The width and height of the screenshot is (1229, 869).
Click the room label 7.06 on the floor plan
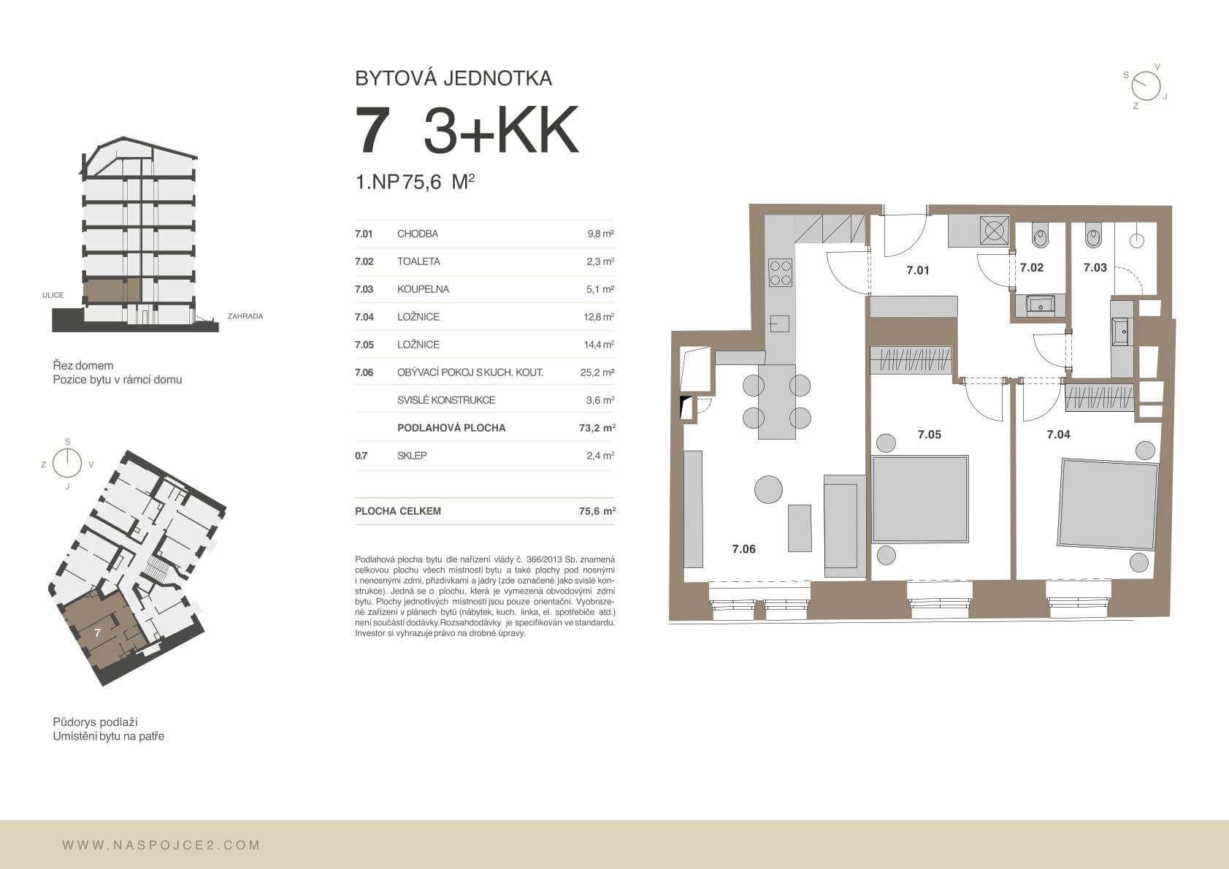point(743,549)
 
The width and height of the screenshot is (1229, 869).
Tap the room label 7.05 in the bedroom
point(930,434)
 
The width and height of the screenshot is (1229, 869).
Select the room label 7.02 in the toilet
point(1032,268)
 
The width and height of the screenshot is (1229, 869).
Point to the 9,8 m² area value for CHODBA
point(600,234)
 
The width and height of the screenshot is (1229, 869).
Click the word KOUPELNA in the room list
point(423,289)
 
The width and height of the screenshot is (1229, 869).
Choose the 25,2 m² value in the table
point(597,372)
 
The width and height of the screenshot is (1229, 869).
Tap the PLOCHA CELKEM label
point(398,511)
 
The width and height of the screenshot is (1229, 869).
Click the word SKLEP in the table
point(412,456)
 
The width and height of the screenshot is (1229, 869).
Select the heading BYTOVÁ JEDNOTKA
point(453,78)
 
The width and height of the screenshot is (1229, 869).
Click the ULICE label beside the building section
point(53,295)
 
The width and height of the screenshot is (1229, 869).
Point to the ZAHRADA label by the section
point(245,316)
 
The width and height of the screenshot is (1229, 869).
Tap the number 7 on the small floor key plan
point(97,632)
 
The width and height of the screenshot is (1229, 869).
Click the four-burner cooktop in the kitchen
point(780,272)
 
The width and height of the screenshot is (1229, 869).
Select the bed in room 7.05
point(919,499)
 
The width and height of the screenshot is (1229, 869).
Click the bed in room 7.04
point(1109,504)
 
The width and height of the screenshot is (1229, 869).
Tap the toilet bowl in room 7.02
point(1040,237)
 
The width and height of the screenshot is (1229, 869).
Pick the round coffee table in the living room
point(768,489)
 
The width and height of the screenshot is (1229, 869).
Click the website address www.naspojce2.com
point(161,845)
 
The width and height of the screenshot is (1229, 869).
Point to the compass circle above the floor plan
point(1146,86)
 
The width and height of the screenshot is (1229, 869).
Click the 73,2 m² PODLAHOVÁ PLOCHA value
point(597,428)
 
